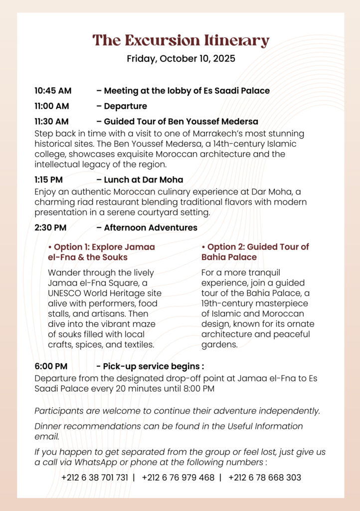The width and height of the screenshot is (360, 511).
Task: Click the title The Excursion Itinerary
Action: pyautogui.click(x=180, y=40)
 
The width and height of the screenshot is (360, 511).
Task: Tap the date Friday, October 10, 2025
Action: pyautogui.click(x=180, y=58)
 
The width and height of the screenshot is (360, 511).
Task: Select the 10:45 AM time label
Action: pyautogui.click(x=53, y=91)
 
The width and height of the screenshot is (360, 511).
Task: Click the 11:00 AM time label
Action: pyautogui.click(x=52, y=106)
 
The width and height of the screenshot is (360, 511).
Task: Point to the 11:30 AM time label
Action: pyautogui.click(x=51, y=121)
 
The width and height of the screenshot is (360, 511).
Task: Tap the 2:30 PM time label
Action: pyautogui.click(x=50, y=228)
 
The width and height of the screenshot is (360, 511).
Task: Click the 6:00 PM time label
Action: pyautogui.click(x=51, y=367)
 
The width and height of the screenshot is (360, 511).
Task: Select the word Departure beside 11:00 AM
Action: pyautogui.click(x=125, y=106)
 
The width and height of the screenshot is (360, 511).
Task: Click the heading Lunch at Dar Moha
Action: pyautogui.click(x=143, y=180)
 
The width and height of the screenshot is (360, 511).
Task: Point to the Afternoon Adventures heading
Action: pyautogui.click(x=150, y=228)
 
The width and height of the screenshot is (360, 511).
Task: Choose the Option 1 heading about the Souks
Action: pyautogui.click(x=101, y=252)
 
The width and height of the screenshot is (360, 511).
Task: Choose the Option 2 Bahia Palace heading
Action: pyautogui.click(x=255, y=252)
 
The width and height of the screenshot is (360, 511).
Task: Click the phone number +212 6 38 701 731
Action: pyautogui.click(x=95, y=478)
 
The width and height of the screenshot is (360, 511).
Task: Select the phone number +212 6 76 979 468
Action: pyautogui.click(x=178, y=478)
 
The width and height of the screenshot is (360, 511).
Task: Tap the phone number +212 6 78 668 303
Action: pyautogui.click(x=265, y=478)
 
